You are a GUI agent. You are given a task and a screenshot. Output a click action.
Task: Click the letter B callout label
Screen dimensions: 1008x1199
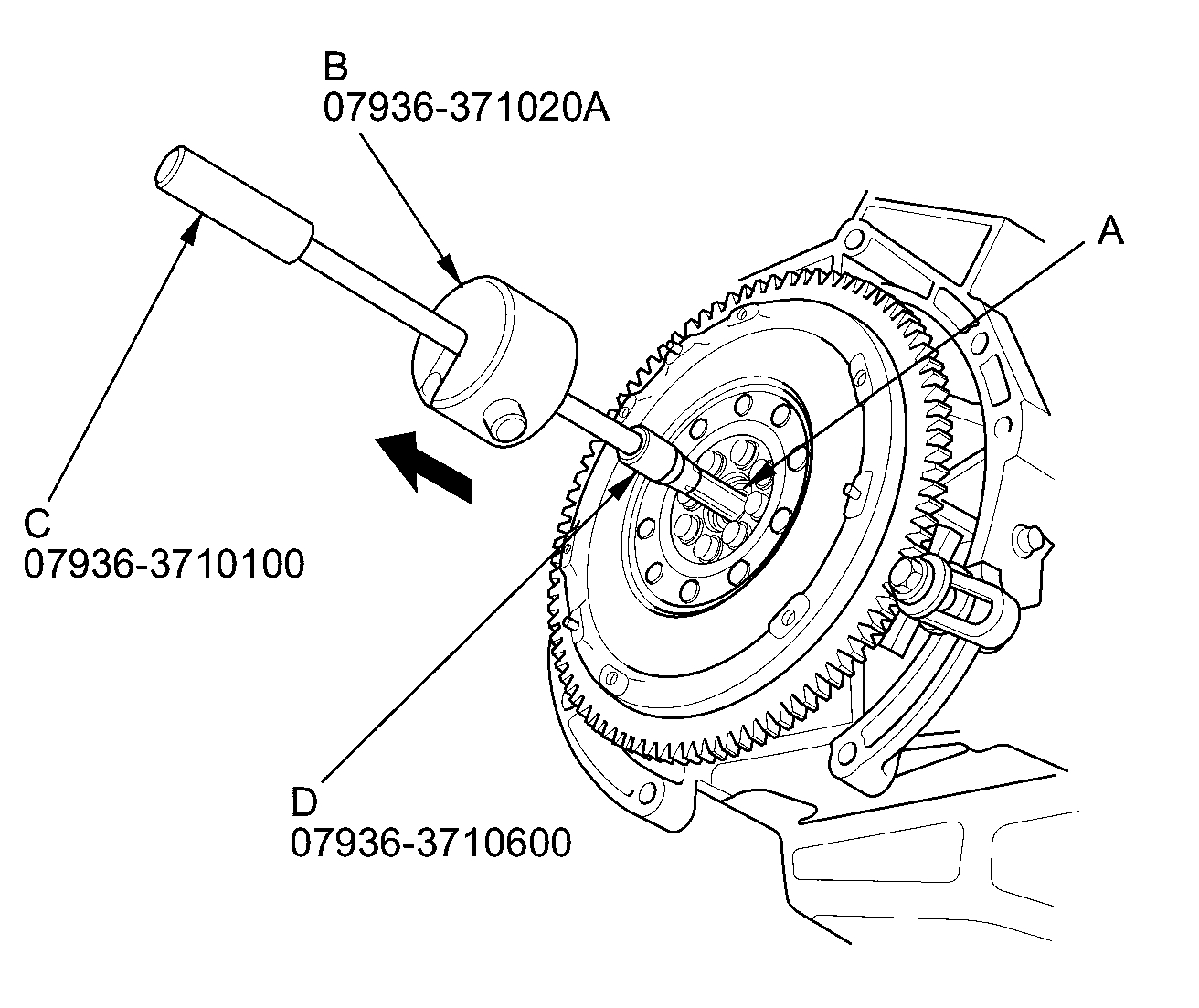336,68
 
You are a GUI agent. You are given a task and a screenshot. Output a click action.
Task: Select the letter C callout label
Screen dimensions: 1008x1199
37,524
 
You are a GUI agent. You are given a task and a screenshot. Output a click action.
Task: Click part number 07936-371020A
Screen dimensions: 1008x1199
466,108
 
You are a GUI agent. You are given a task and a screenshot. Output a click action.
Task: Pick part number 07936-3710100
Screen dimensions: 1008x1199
164,565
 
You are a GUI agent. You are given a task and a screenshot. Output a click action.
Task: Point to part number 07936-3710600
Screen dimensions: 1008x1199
431,843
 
